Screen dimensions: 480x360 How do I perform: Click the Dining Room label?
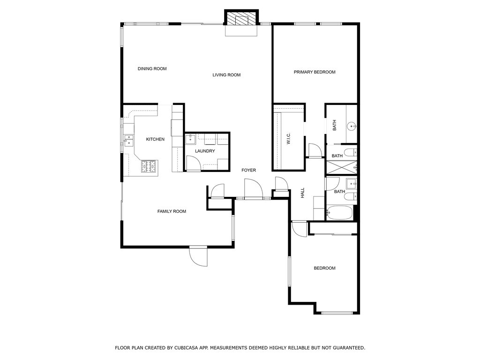click(152, 68)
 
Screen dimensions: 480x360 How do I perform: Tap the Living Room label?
click(226, 75)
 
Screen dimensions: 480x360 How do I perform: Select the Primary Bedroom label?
click(315, 72)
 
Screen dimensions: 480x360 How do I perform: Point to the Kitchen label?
click(155, 139)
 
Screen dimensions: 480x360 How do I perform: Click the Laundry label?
click(205, 151)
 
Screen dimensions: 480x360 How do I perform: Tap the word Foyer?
click(248, 170)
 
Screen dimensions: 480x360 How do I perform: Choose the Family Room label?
click(172, 211)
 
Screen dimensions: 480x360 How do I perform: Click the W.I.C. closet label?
click(288, 139)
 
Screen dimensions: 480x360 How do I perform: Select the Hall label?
click(302, 193)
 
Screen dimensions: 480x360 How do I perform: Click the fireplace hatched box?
click(242, 18)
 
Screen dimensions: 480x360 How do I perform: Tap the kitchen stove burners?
click(149, 166)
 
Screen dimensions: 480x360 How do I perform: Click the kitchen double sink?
click(129, 140)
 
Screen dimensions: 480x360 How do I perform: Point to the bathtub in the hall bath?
click(339, 212)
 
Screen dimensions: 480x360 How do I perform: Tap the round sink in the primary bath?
click(352, 126)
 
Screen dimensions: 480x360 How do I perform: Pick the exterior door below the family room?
click(198, 256)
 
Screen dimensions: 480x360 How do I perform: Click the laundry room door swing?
click(193, 162)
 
